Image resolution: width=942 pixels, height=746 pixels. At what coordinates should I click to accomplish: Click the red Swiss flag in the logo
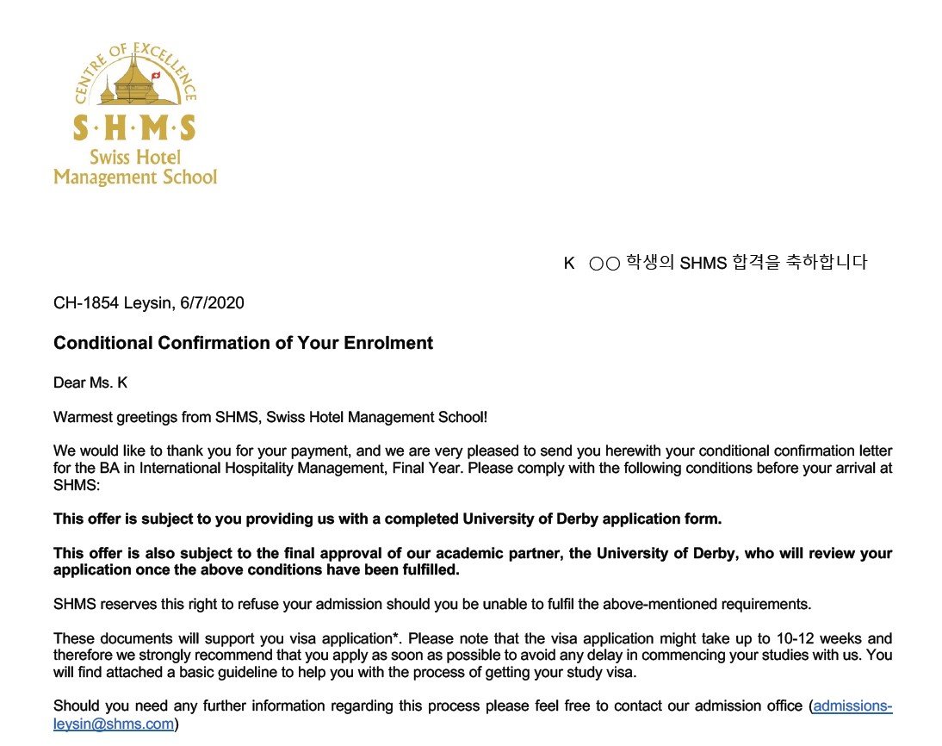point(156,76)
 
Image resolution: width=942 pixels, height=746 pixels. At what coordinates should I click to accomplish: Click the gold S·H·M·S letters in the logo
point(134,129)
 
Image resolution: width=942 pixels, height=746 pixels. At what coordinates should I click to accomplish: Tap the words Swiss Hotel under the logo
point(135,158)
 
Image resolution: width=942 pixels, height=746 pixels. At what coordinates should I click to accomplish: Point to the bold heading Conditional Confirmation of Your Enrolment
point(243,343)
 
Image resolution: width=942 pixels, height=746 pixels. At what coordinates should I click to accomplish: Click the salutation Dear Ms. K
point(90,382)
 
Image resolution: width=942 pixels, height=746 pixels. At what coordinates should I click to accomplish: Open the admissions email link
point(852,706)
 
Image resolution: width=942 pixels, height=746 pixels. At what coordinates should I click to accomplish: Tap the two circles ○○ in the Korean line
point(604,264)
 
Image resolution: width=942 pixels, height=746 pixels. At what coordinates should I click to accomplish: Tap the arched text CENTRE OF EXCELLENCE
point(133,62)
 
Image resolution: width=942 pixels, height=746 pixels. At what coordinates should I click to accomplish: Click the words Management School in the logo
point(135,177)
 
